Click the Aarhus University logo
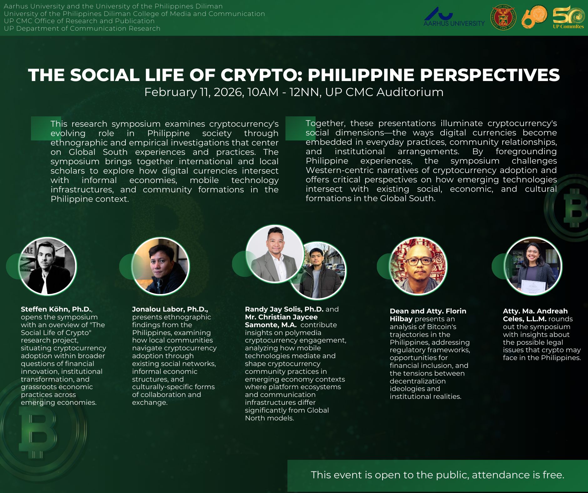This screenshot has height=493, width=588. coord(454,17)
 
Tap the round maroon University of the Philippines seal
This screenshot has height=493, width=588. coord(503,17)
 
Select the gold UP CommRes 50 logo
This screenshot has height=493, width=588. coord(568,17)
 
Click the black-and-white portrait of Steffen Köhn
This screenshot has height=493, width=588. coord(48,266)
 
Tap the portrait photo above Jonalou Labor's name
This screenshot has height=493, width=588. coord(160,266)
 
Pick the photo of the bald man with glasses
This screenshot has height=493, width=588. coord(418,266)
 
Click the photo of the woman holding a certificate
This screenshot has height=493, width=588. coord(533,266)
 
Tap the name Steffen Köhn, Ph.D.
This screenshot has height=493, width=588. coord(56,309)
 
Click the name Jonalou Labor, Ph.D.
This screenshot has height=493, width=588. coord(170,309)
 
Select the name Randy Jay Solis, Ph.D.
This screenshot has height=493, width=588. coord(284,309)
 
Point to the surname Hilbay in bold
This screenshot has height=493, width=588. coord(401,319)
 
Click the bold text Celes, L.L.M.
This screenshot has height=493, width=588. coord(525,319)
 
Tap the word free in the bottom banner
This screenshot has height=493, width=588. coord(553,475)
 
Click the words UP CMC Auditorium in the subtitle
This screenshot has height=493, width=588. coord(384,92)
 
